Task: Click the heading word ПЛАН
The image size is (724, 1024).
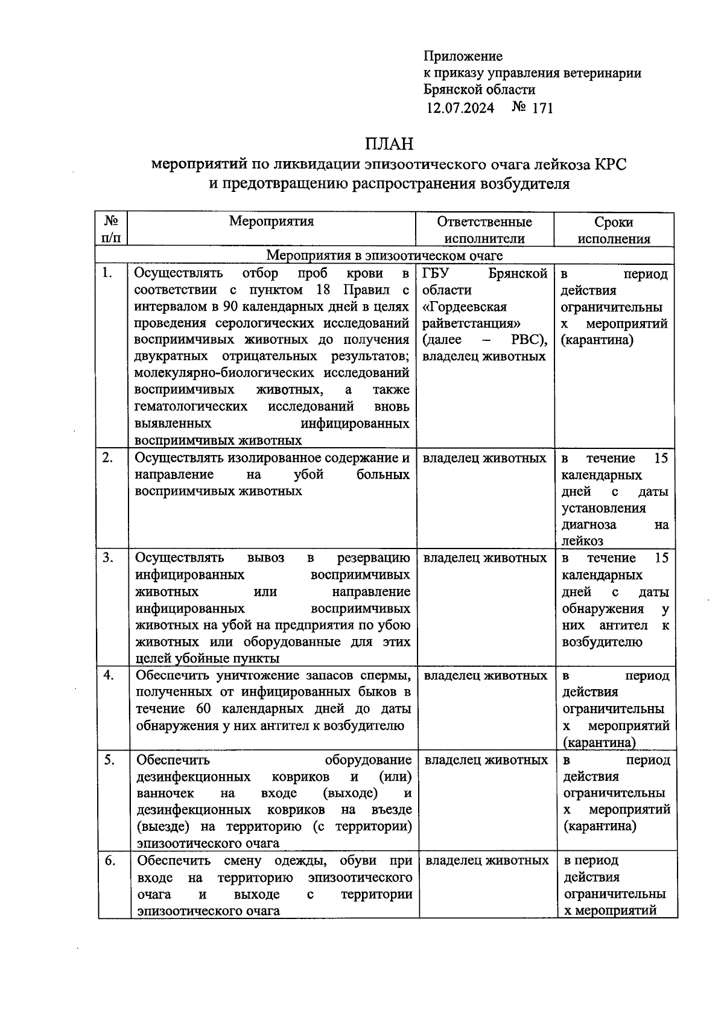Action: point(389,144)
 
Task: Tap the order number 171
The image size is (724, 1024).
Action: point(542,108)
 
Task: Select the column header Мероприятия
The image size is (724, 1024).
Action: point(271,221)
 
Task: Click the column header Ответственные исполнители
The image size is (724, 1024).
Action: point(484,230)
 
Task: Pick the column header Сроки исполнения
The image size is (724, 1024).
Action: point(614,230)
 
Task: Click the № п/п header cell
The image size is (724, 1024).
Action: point(112,230)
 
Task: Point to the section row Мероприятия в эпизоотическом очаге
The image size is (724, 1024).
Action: point(385,256)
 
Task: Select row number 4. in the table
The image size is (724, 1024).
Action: point(109,675)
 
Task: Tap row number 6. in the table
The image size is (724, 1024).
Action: point(109,860)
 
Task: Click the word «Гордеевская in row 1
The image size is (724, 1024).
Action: point(465,307)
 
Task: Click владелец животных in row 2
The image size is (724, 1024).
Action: point(484,459)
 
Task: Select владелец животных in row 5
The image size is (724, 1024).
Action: point(486,760)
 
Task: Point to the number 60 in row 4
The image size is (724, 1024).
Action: point(205,708)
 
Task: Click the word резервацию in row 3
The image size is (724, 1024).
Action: point(373,558)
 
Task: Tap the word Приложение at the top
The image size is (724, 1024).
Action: point(463,56)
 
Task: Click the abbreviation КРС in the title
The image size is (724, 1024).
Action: point(611,164)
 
